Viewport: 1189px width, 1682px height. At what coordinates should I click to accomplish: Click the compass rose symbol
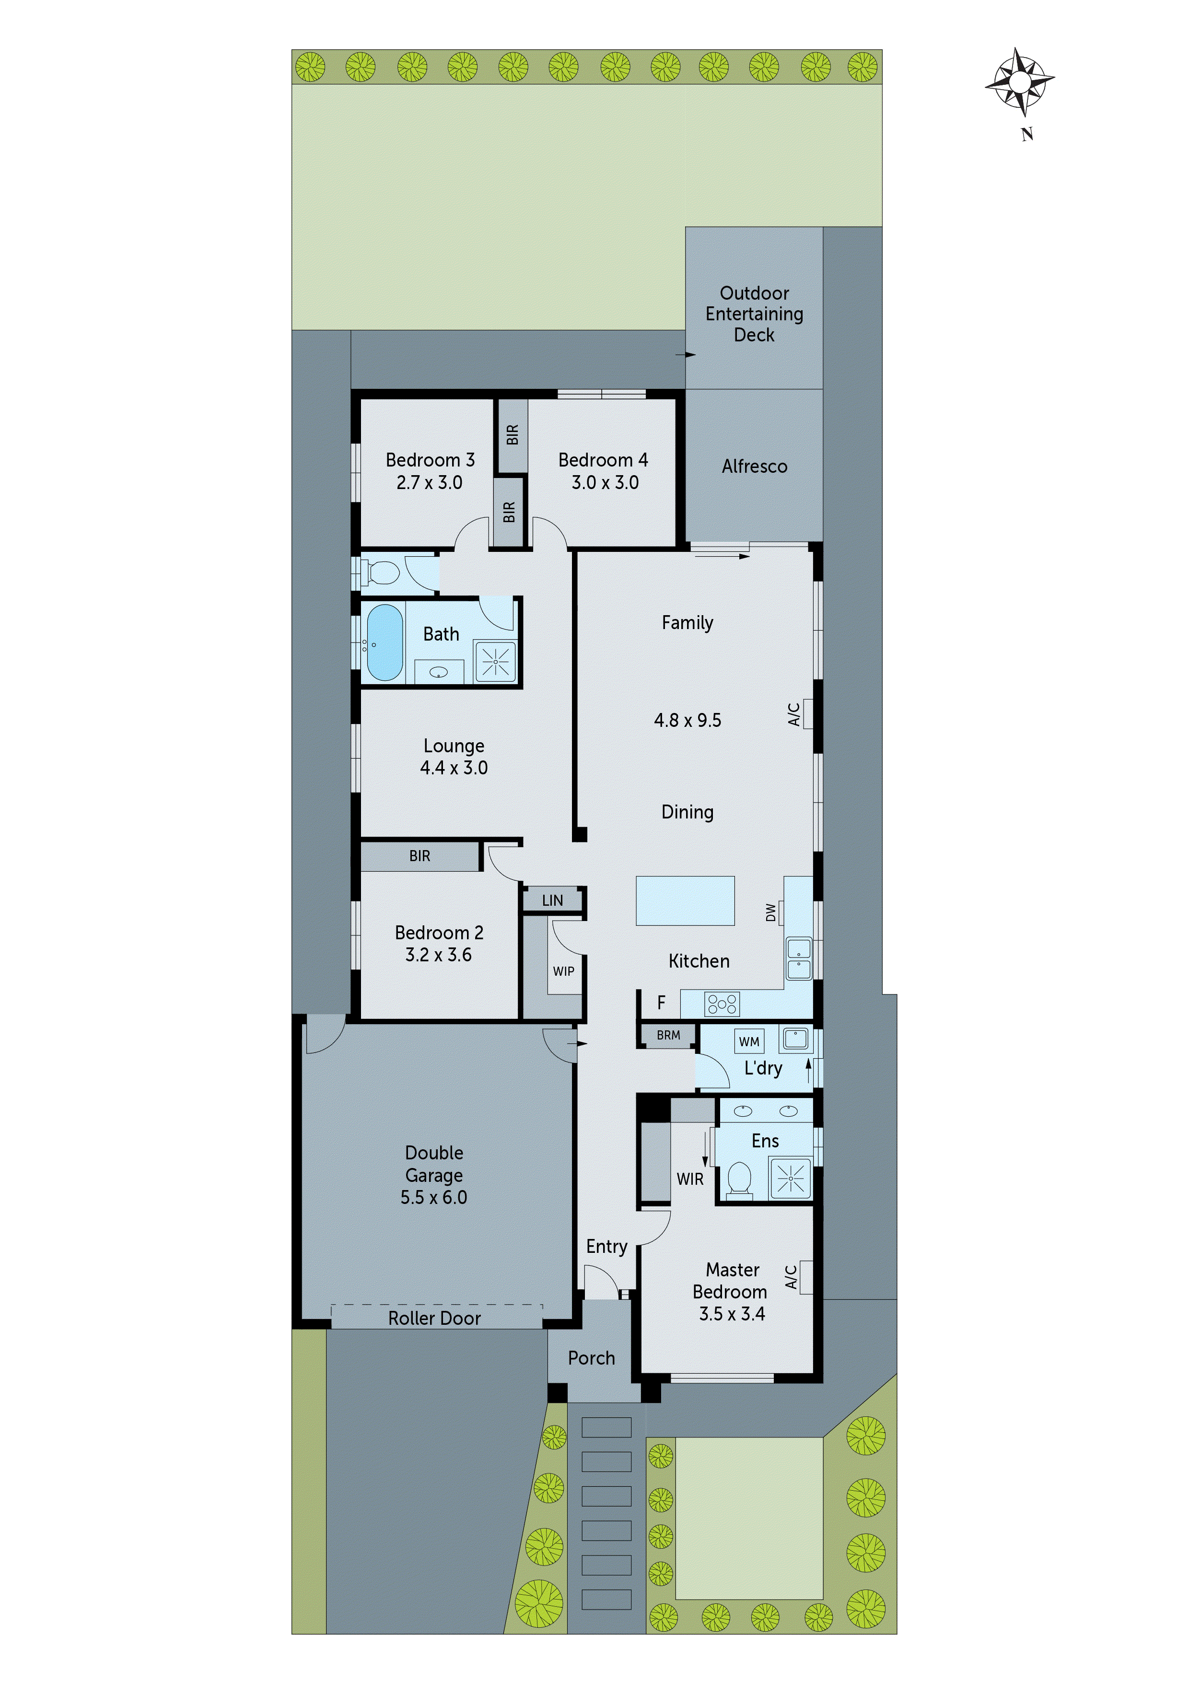click(x=1019, y=82)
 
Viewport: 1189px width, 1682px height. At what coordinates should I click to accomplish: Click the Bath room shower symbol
click(x=495, y=662)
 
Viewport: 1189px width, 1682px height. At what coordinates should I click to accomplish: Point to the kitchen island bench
click(x=685, y=900)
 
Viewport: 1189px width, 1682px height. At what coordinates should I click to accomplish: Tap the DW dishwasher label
click(x=770, y=912)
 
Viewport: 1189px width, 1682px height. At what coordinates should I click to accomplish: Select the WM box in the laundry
click(x=749, y=1041)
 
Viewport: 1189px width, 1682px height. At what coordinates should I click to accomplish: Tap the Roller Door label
click(x=434, y=1319)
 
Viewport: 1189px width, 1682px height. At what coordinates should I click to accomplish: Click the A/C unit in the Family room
click(x=806, y=713)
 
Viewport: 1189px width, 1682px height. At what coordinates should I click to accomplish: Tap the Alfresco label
click(x=754, y=467)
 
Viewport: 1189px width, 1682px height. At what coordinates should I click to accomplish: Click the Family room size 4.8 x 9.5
click(x=687, y=721)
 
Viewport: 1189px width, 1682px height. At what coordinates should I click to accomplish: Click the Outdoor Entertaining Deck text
click(x=754, y=314)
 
